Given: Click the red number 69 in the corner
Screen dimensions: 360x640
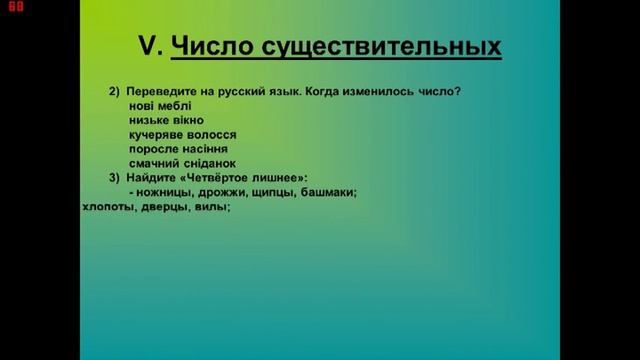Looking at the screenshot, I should point(13,8).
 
